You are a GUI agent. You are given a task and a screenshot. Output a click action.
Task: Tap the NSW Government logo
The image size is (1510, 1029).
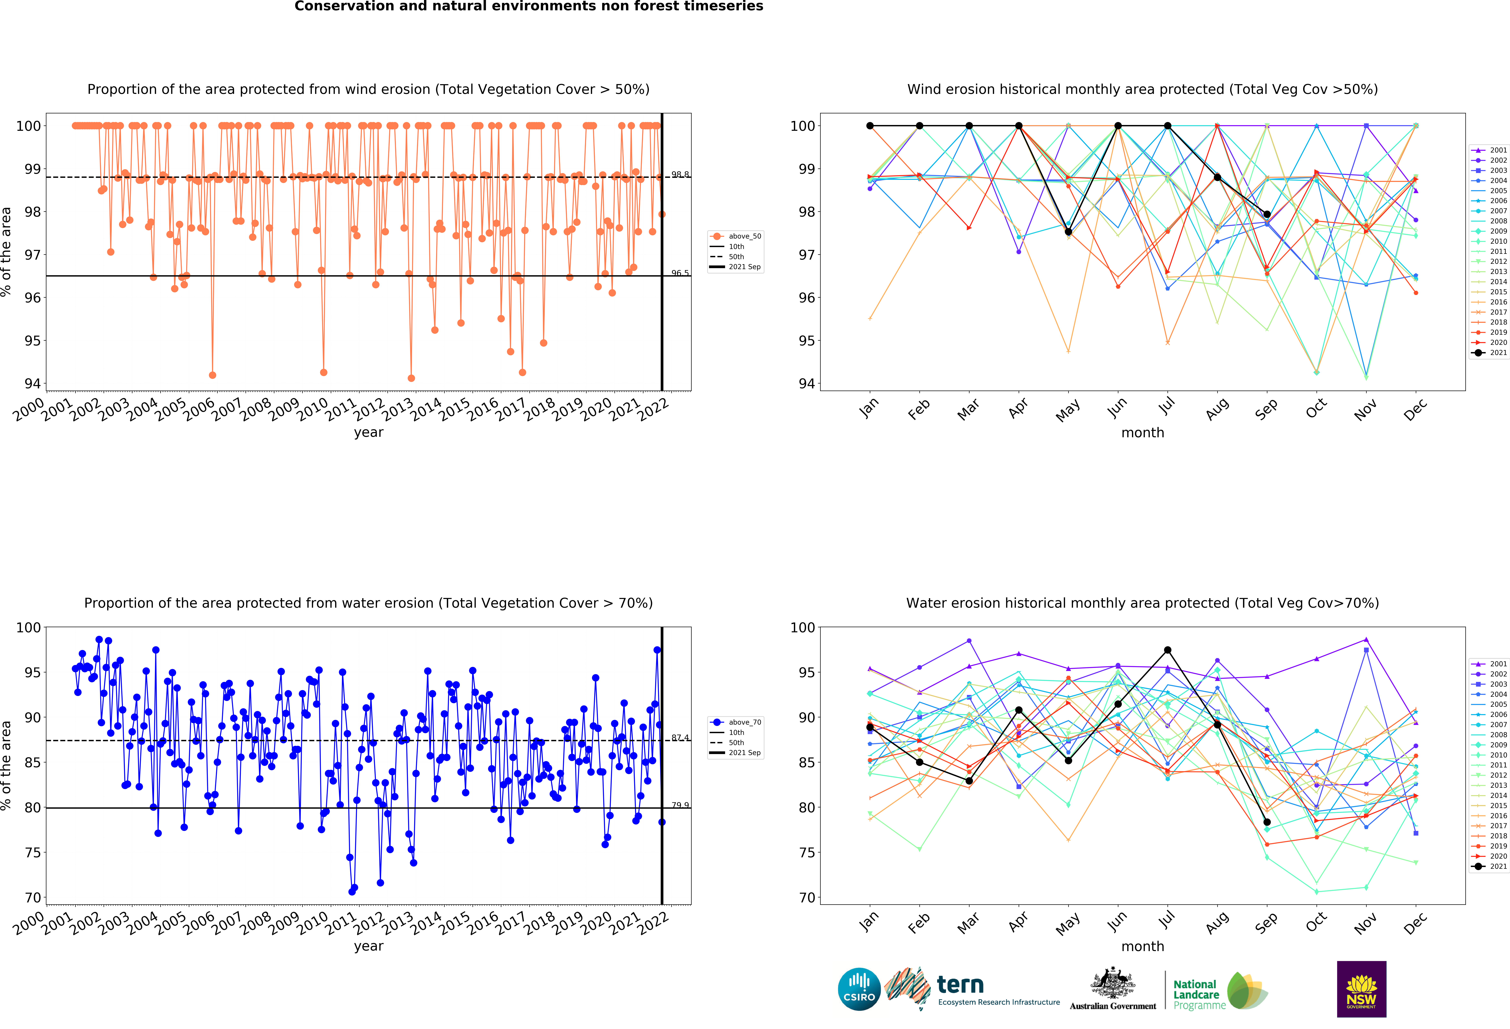[x=1361, y=989]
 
